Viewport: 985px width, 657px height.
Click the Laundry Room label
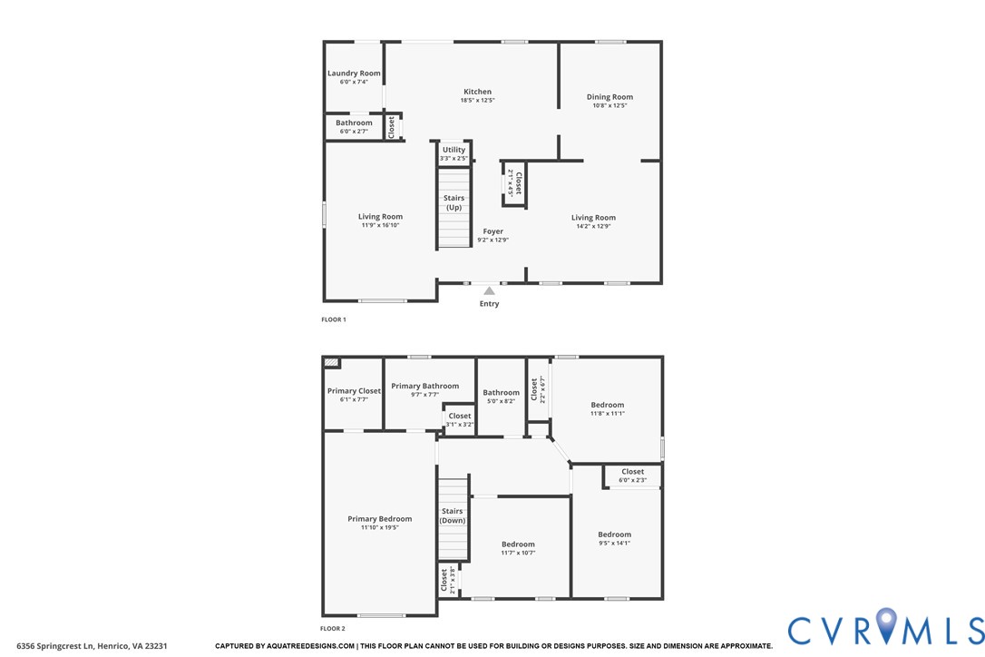coord(354,74)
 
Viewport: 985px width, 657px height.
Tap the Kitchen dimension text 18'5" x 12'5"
coord(477,100)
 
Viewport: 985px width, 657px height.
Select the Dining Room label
coord(610,97)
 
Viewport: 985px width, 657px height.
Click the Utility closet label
coord(453,150)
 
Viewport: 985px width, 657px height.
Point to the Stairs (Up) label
coord(453,202)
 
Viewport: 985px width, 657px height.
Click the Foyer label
coord(492,231)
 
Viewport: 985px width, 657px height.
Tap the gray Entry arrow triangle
coord(489,290)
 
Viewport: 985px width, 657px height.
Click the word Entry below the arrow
coord(489,304)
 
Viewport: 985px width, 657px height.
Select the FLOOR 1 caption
coord(334,319)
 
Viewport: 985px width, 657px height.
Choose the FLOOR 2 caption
coord(334,628)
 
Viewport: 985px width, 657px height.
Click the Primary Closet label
coord(354,391)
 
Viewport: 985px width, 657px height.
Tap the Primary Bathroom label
coord(424,386)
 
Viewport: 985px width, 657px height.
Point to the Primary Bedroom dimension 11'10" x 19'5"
coord(379,527)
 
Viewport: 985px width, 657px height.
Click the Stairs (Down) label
coord(453,515)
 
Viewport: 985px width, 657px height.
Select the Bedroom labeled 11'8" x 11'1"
coord(607,405)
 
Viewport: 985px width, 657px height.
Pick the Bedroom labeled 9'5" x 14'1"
coord(614,534)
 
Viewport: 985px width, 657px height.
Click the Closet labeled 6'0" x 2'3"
coord(632,472)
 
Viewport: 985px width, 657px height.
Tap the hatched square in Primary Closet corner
coord(331,362)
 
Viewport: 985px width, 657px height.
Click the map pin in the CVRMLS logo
coord(888,626)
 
